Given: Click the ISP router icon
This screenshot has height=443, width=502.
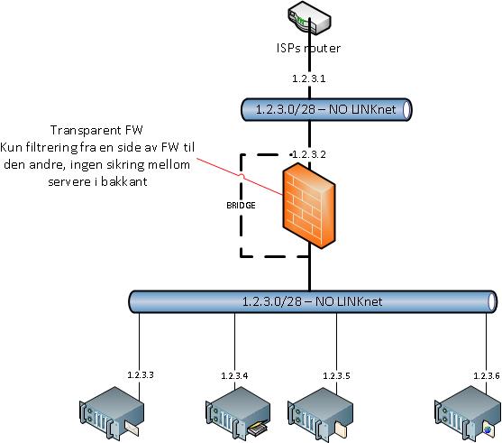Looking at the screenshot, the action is [309, 19].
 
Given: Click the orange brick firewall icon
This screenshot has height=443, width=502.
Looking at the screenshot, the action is [309, 206].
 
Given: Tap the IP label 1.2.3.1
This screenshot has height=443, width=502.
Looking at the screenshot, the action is [309, 78].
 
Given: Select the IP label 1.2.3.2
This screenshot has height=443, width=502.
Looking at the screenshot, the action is [309, 154].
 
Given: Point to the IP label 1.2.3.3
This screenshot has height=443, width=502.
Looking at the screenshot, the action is [141, 374].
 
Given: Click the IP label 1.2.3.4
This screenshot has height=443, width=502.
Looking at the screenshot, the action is [234, 375].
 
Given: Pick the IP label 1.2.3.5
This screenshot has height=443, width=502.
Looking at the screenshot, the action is [336, 375].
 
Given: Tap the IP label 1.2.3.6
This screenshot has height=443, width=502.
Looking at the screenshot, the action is [487, 375].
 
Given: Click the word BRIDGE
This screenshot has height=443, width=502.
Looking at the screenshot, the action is [241, 205].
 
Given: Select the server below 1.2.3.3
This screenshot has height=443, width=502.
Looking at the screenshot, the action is [112, 414].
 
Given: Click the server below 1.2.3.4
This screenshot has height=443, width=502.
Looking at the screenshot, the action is [237, 414].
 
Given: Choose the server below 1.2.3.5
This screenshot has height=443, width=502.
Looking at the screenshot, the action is [320, 414].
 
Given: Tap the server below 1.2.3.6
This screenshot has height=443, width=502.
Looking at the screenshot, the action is [467, 414].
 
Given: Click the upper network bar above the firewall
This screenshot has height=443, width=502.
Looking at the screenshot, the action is [326, 110].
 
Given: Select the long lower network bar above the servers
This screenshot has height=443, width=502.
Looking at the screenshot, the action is [313, 301].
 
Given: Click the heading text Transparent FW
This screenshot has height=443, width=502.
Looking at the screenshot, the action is [96, 130].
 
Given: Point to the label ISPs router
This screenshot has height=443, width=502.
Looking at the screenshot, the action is [308, 48].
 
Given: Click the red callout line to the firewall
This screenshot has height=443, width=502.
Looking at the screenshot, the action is [240, 176].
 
